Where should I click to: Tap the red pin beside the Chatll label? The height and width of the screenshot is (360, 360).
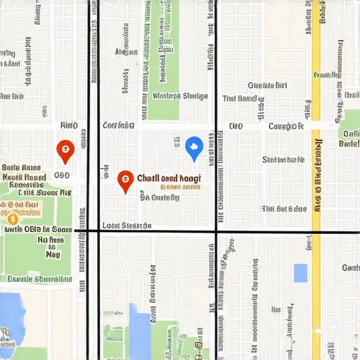[125, 180]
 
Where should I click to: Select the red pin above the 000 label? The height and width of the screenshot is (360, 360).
[65, 149]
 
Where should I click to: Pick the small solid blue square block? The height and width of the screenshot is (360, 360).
[300, 273]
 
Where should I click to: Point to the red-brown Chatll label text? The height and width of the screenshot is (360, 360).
[169, 179]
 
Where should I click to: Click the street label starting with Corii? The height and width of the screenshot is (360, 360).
[118, 125]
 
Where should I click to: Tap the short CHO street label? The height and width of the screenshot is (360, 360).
[236, 127]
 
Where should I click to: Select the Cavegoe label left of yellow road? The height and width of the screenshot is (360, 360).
[285, 127]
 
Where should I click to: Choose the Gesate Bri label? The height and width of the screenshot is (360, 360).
[267, 85]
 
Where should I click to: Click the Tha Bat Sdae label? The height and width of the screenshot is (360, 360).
[284, 209]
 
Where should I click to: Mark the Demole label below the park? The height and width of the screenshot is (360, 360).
[35, 279]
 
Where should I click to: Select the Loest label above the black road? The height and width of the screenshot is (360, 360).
[127, 226]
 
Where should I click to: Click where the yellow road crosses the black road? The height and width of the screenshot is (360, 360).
[316, 231]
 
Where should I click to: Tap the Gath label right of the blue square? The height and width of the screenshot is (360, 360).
[351, 268]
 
